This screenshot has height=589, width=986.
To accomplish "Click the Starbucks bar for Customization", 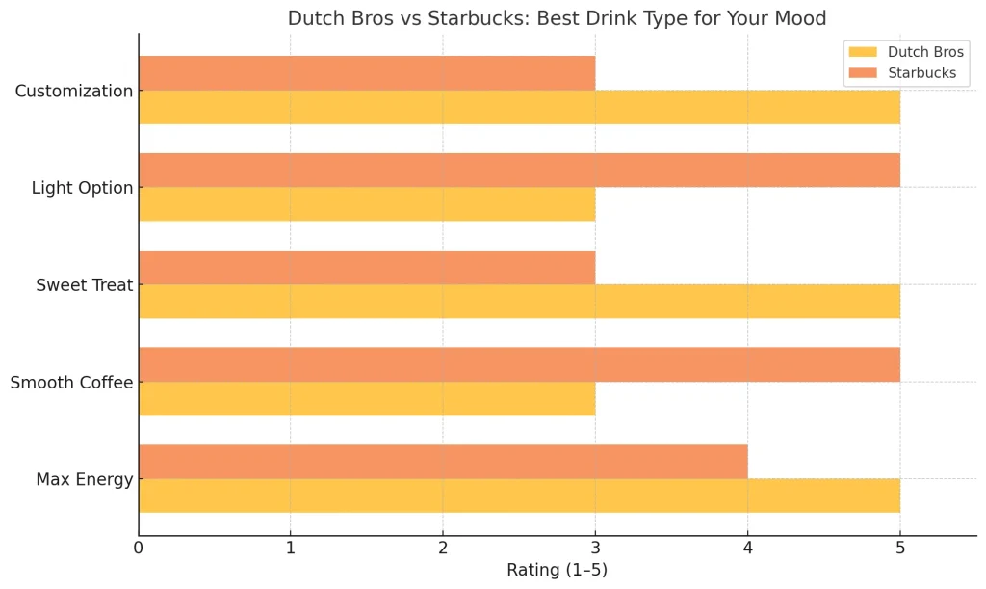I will tap(367, 73).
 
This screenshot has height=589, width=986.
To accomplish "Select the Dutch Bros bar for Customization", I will tap(519, 107).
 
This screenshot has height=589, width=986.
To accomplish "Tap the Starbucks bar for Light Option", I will tap(519, 171).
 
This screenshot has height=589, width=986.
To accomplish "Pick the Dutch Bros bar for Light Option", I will tap(367, 204).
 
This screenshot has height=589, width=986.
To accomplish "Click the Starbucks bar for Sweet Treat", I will tap(367, 267).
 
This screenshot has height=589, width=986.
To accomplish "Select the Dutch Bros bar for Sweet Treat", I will tap(519, 301).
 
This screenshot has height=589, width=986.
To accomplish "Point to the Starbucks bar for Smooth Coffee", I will tap(519, 364).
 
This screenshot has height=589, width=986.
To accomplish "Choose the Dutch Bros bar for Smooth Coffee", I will tap(367, 398).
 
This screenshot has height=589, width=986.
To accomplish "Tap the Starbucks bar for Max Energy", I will tap(443, 462).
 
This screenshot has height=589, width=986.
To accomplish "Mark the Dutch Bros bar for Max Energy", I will tap(519, 495).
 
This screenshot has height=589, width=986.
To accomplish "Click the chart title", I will tap(557, 18).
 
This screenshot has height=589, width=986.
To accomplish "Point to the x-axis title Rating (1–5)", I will tap(557, 570).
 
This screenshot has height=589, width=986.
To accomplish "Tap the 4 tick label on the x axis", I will tap(747, 549).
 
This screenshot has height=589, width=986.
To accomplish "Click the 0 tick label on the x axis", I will tap(139, 549).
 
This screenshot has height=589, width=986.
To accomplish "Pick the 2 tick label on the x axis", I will tap(443, 549).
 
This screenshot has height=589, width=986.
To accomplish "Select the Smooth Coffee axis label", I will tap(71, 383).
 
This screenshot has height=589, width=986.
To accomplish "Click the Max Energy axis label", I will tap(84, 479).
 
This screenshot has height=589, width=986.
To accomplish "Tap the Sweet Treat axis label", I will tap(84, 285).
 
